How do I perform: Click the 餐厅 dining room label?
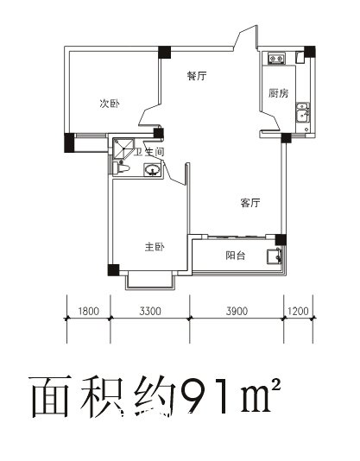pos(197,76)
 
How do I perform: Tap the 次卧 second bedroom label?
pos(110,104)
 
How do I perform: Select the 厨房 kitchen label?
pos(278,93)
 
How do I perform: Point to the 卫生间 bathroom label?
pos(148,152)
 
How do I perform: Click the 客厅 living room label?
pos(250,203)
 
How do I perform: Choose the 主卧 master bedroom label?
pos(155,247)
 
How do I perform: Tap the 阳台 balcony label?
pos(236,256)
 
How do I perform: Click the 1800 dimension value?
pos(89,311)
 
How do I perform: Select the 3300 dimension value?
pos(150,311)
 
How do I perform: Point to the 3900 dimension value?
pos(237,311)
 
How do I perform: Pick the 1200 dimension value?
pos(298,311)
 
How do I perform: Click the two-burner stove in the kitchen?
pos(276,58)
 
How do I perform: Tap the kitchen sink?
pos(303,112)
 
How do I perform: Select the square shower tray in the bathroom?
pos(123,148)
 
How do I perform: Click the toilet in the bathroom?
pos(122,168)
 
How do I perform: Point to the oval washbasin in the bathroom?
pos(152,170)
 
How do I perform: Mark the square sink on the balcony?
pos(274,256)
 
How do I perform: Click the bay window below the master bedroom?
pos(150,281)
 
